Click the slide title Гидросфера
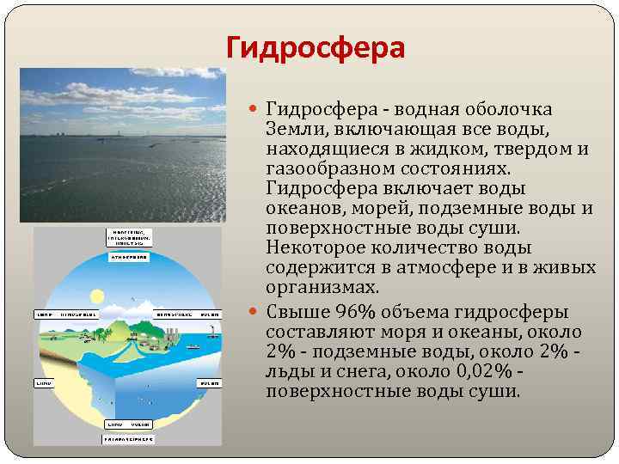point(315,46)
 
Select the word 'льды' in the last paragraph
point(286,372)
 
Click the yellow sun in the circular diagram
point(97,296)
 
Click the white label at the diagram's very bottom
point(129,439)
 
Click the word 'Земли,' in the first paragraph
point(297,129)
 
